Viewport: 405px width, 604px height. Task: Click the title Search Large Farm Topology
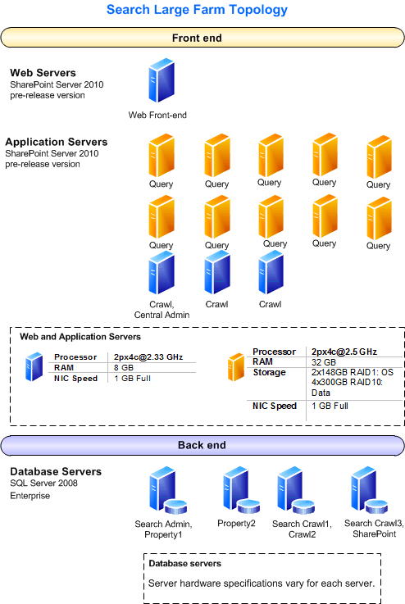[x=198, y=11]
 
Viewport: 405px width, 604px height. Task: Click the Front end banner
[x=197, y=39]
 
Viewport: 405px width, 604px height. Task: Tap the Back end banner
[x=197, y=445]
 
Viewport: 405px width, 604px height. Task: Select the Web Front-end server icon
[x=161, y=80]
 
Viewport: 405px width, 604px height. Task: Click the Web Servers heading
[x=43, y=73]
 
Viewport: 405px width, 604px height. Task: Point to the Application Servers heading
[x=57, y=142]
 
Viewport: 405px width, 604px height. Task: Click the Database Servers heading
[x=56, y=471]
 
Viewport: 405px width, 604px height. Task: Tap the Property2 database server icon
[x=236, y=490]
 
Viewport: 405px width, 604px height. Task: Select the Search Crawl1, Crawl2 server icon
[x=292, y=491]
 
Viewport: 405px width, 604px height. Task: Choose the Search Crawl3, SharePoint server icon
[x=366, y=490]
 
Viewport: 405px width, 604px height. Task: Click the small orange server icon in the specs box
[x=236, y=367]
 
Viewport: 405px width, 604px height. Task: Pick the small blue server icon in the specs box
[x=34, y=367]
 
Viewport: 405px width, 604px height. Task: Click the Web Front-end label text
[x=157, y=116]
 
